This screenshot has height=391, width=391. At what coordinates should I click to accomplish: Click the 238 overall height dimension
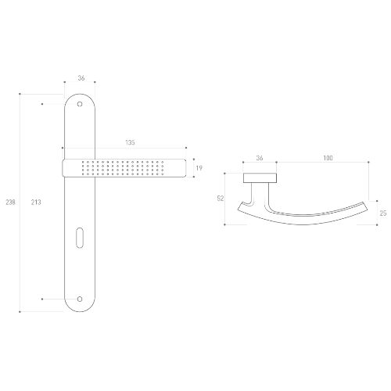click(10, 202)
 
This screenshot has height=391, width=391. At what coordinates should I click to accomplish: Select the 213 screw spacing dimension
click(36, 202)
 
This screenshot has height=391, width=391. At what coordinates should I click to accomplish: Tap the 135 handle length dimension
click(130, 142)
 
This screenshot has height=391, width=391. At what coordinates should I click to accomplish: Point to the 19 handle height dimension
click(199, 168)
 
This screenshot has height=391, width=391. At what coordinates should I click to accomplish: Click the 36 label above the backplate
click(81, 78)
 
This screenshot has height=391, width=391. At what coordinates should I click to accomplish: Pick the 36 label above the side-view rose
click(260, 158)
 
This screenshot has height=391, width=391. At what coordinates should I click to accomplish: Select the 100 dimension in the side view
click(328, 158)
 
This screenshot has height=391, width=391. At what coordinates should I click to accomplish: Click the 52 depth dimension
click(221, 199)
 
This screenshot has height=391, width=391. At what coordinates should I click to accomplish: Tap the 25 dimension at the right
click(383, 213)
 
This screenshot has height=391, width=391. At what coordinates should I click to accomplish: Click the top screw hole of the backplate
click(80, 104)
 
